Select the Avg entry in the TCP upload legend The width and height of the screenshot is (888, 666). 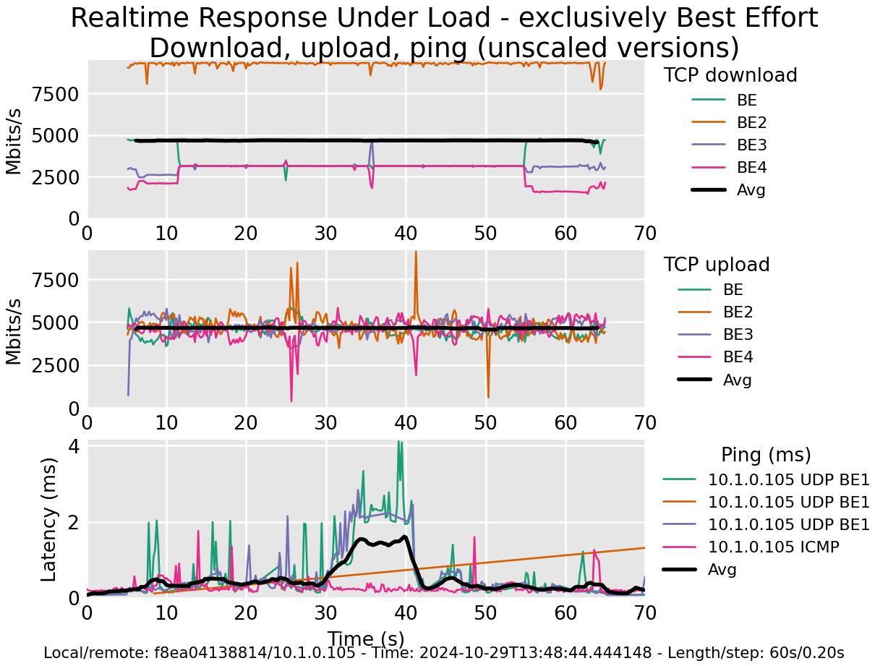[738, 380]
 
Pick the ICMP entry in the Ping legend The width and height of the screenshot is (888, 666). [774, 547]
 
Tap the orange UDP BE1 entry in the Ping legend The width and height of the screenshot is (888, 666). [788, 502]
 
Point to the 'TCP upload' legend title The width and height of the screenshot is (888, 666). [717, 265]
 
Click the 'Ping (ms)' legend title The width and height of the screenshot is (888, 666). [766, 455]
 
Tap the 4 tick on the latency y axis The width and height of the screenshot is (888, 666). [73, 447]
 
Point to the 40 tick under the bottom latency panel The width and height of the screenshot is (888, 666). [406, 612]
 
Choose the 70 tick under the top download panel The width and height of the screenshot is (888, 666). [644, 234]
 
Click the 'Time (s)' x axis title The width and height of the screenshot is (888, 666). [365, 639]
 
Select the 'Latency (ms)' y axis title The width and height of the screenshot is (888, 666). [48, 518]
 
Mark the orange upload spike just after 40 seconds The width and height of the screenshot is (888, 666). [416, 253]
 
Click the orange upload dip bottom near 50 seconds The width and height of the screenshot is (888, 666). [488, 396]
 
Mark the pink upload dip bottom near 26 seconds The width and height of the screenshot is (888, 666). [291, 401]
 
